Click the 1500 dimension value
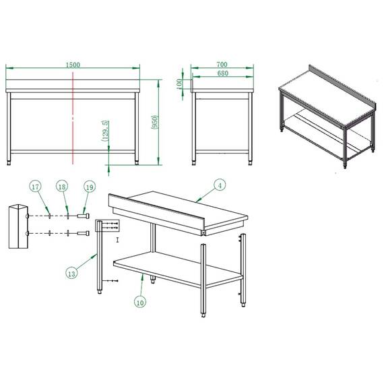tap(73, 65)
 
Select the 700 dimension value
tap(222, 65)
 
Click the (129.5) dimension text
tap(104, 131)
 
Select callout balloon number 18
tap(62, 186)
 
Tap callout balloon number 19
tap(88, 186)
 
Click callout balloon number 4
tap(219, 184)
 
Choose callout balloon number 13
tap(72, 272)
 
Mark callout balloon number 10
tap(140, 302)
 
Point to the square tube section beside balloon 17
tap(18, 226)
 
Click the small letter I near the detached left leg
tap(117, 239)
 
